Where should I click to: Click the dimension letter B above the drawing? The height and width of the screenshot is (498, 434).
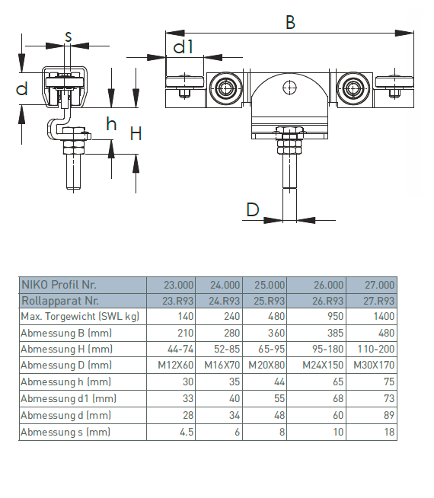(x=291, y=22)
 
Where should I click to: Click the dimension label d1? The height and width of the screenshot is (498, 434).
(x=183, y=46)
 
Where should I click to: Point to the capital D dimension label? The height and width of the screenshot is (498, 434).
(x=253, y=209)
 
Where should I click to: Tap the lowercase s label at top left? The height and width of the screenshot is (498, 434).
(x=69, y=37)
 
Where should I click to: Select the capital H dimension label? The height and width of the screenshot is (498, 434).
(x=136, y=133)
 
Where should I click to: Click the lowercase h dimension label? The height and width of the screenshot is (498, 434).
(x=111, y=124)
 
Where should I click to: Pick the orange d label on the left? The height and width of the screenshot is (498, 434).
(x=21, y=88)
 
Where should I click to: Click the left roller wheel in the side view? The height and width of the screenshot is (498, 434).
(x=225, y=88)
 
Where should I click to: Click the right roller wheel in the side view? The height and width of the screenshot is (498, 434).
(x=353, y=88)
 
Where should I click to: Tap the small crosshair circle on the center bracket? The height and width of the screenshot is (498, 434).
(x=289, y=88)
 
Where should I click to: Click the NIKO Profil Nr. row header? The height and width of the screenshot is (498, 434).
(x=59, y=285)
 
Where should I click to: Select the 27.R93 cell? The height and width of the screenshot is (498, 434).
(x=378, y=301)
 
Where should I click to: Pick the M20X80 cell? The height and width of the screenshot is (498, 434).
(x=266, y=365)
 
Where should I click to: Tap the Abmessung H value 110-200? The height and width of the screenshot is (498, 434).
(x=376, y=349)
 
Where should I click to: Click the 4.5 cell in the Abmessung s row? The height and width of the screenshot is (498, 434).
(x=187, y=432)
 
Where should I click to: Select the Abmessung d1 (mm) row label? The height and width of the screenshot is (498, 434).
(x=69, y=398)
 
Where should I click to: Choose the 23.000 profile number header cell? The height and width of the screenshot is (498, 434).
(x=178, y=285)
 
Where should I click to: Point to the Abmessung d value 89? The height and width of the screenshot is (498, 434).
(x=388, y=415)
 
